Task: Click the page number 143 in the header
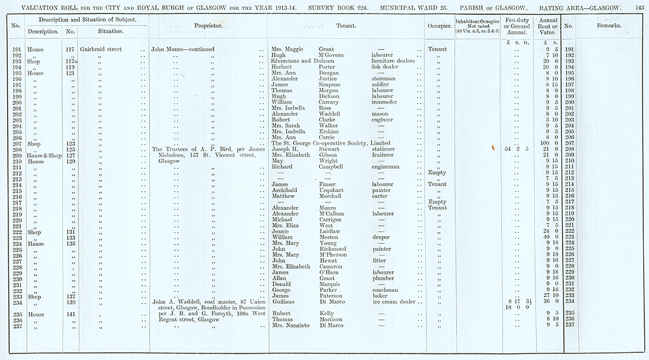click(639, 6)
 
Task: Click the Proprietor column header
click(208, 28)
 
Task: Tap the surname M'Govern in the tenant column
click(332, 55)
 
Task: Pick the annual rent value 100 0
click(548, 143)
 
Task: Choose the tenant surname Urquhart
click(334, 190)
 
